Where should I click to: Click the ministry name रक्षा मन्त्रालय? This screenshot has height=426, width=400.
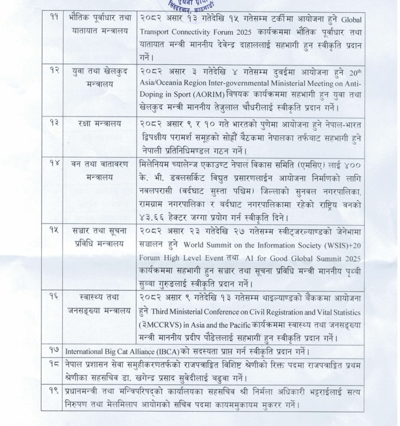click(x=99, y=123)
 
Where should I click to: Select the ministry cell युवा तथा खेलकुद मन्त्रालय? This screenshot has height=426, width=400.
click(x=99, y=77)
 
